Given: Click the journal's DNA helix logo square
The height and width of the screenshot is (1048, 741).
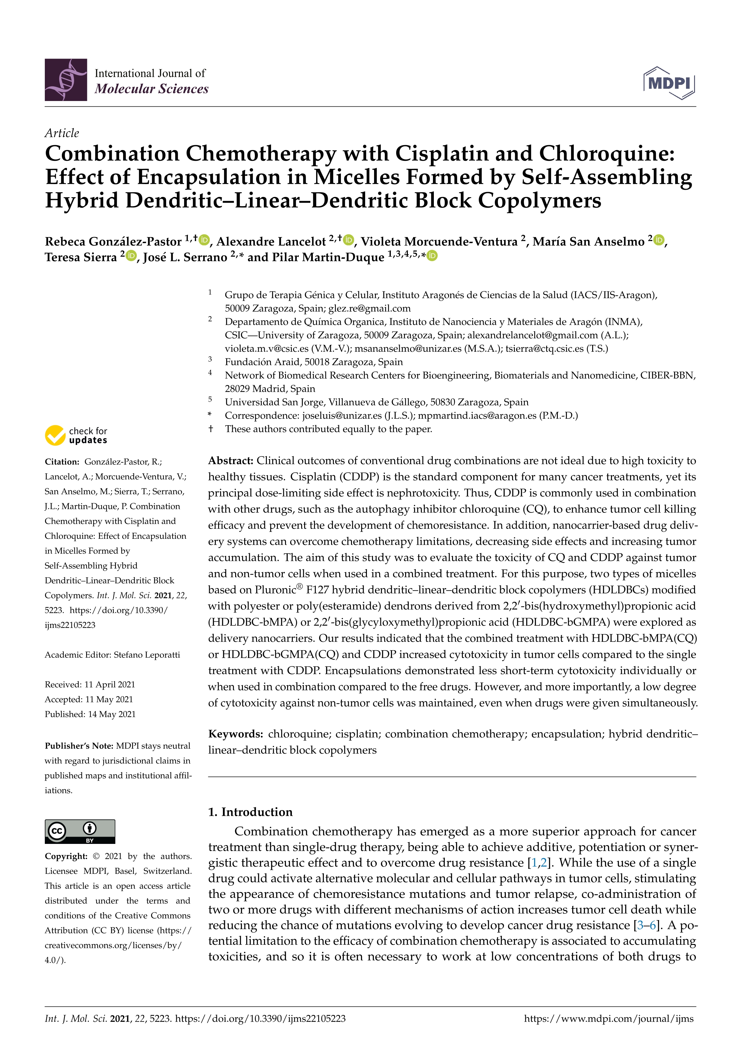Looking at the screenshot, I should (66, 80).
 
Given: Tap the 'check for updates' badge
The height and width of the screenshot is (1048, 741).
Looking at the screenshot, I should (76, 435).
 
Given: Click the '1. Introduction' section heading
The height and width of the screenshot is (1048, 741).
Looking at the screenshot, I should (250, 812).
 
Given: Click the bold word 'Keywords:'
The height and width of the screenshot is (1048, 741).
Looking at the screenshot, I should (235, 734).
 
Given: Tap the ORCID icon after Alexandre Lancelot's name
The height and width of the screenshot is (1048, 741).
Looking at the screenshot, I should (349, 240).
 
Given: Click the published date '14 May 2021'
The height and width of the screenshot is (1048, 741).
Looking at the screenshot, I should (111, 714).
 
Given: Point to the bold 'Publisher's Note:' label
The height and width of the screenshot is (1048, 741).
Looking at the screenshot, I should (79, 746).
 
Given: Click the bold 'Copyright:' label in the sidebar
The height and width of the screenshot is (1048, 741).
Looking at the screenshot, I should (66, 856).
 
